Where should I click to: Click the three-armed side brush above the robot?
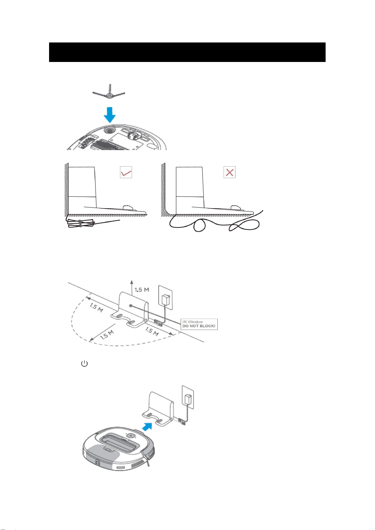coord(109,93)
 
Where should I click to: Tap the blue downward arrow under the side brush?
coord(110,115)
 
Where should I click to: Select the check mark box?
coord(126,172)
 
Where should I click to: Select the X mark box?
coord(229,172)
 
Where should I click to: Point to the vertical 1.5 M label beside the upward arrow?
coord(142,290)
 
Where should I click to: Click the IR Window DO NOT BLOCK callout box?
coord(199,324)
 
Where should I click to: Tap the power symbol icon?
coord(84,363)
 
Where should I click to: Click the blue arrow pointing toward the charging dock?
coord(147,427)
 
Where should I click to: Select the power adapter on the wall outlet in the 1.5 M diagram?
coord(165,300)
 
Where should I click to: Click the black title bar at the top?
coord(187,52)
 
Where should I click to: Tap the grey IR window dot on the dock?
coord(131,305)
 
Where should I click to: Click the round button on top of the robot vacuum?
coord(130,436)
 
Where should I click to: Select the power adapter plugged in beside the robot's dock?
coord(188,399)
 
